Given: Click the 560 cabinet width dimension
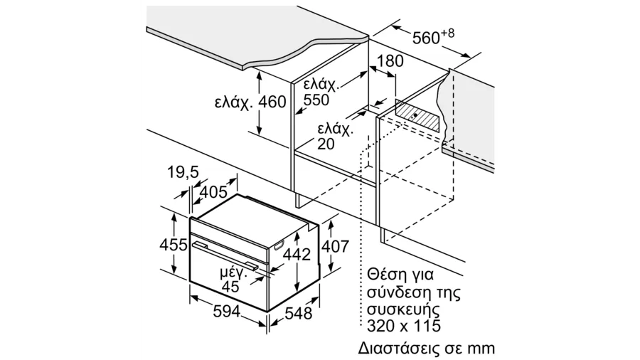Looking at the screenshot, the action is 426,38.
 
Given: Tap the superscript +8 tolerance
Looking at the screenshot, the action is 448,33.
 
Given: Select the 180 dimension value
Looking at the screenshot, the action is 390,61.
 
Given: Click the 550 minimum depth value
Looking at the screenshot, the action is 316,100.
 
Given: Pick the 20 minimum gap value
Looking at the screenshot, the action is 326,144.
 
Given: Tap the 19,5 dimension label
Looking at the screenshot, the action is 183,172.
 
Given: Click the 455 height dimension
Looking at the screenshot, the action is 173,245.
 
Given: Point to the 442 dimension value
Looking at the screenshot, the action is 297,254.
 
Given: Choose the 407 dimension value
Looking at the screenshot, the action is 335,246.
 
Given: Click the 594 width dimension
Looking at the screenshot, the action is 227,312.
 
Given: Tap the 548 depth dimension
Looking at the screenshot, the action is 299,314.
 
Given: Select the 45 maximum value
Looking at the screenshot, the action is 230,287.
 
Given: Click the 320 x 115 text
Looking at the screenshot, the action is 404,326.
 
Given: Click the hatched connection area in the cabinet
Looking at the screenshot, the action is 417,115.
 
